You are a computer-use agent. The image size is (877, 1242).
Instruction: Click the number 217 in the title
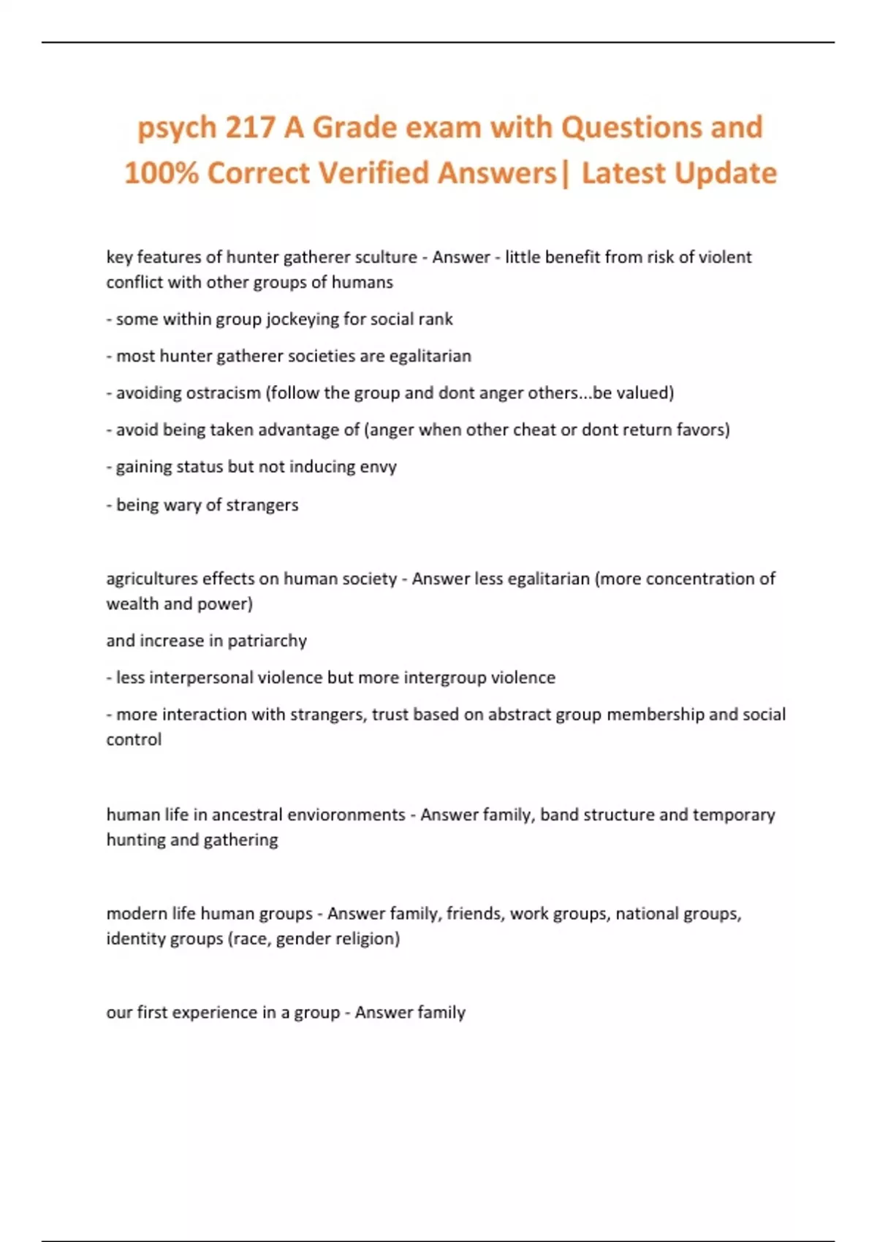coord(250,127)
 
